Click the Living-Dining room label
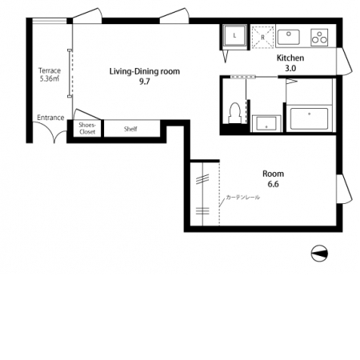click(145, 71)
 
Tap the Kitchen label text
click(290, 58)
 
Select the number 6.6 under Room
click(274, 184)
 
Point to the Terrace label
click(50, 70)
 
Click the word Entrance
click(50, 118)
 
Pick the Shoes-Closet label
click(87, 128)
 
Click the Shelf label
click(130, 129)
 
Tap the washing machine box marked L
click(234, 35)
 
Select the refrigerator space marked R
click(263, 37)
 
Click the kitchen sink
click(289, 37)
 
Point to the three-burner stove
click(319, 38)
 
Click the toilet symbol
click(234, 113)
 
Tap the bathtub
click(310, 118)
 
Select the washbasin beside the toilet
click(266, 123)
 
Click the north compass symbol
click(319, 254)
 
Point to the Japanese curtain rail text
click(242, 198)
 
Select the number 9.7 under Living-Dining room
click(145, 82)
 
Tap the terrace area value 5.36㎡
click(50, 78)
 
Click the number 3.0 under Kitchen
click(290, 68)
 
